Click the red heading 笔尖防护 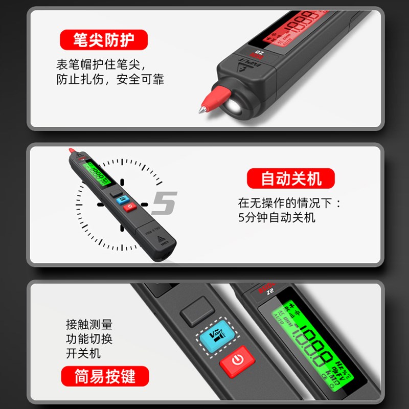coord(103,39)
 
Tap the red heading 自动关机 coord(291,178)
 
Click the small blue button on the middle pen coord(123,199)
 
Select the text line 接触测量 coord(89,325)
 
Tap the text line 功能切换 coord(89,339)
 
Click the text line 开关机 coord(83,353)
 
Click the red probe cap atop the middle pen coord(72,153)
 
